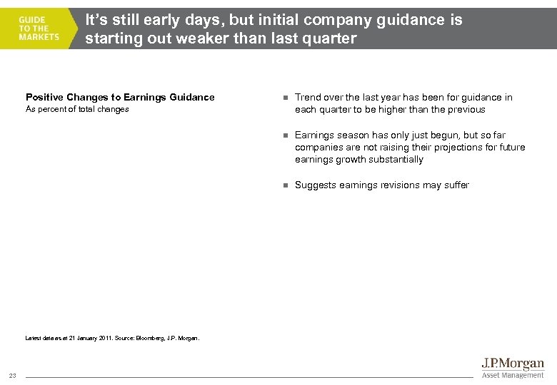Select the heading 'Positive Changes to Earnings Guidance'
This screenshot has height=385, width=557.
click(x=120, y=97)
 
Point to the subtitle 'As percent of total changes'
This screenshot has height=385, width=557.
click(x=77, y=109)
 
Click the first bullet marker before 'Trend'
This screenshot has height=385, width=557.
click(x=283, y=98)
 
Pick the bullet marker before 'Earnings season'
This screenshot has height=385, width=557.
click(x=283, y=135)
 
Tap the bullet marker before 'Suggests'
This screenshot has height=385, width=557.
click(x=283, y=185)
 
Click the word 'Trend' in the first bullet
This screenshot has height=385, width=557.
click(x=308, y=97)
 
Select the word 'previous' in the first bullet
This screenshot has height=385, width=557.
click(x=466, y=109)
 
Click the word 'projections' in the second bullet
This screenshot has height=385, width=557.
click(x=443, y=147)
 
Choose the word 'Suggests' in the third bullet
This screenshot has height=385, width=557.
click(x=315, y=185)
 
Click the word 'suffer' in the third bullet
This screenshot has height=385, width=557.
click(x=456, y=185)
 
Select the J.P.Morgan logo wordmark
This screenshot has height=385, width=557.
click(x=513, y=364)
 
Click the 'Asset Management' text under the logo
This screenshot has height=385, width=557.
click(x=513, y=375)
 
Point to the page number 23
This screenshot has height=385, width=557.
click(x=13, y=376)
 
